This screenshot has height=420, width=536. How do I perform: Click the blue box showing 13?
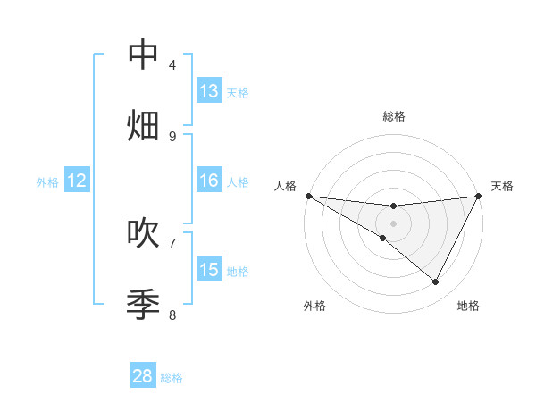click(209, 91)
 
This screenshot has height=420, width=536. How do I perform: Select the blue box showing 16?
click(209, 181)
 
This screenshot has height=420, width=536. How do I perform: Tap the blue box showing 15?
click(209, 270)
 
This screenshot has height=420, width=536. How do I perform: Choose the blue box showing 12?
click(76, 181)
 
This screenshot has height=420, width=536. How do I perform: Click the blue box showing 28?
click(143, 376)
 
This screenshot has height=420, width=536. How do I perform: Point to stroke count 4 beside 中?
click(172, 64)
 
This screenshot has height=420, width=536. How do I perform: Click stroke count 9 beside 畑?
click(172, 136)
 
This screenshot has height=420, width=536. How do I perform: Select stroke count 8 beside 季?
click(172, 315)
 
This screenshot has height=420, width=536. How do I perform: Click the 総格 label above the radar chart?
click(394, 116)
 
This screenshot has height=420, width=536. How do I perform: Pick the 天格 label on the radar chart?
click(503, 186)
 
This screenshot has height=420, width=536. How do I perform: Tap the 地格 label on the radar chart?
click(468, 306)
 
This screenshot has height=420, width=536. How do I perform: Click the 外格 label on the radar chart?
click(314, 306)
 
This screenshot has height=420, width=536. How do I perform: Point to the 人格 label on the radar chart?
click(285, 186)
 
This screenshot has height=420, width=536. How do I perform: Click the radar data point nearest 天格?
click(480, 196)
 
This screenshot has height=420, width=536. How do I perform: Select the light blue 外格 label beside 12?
click(47, 182)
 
